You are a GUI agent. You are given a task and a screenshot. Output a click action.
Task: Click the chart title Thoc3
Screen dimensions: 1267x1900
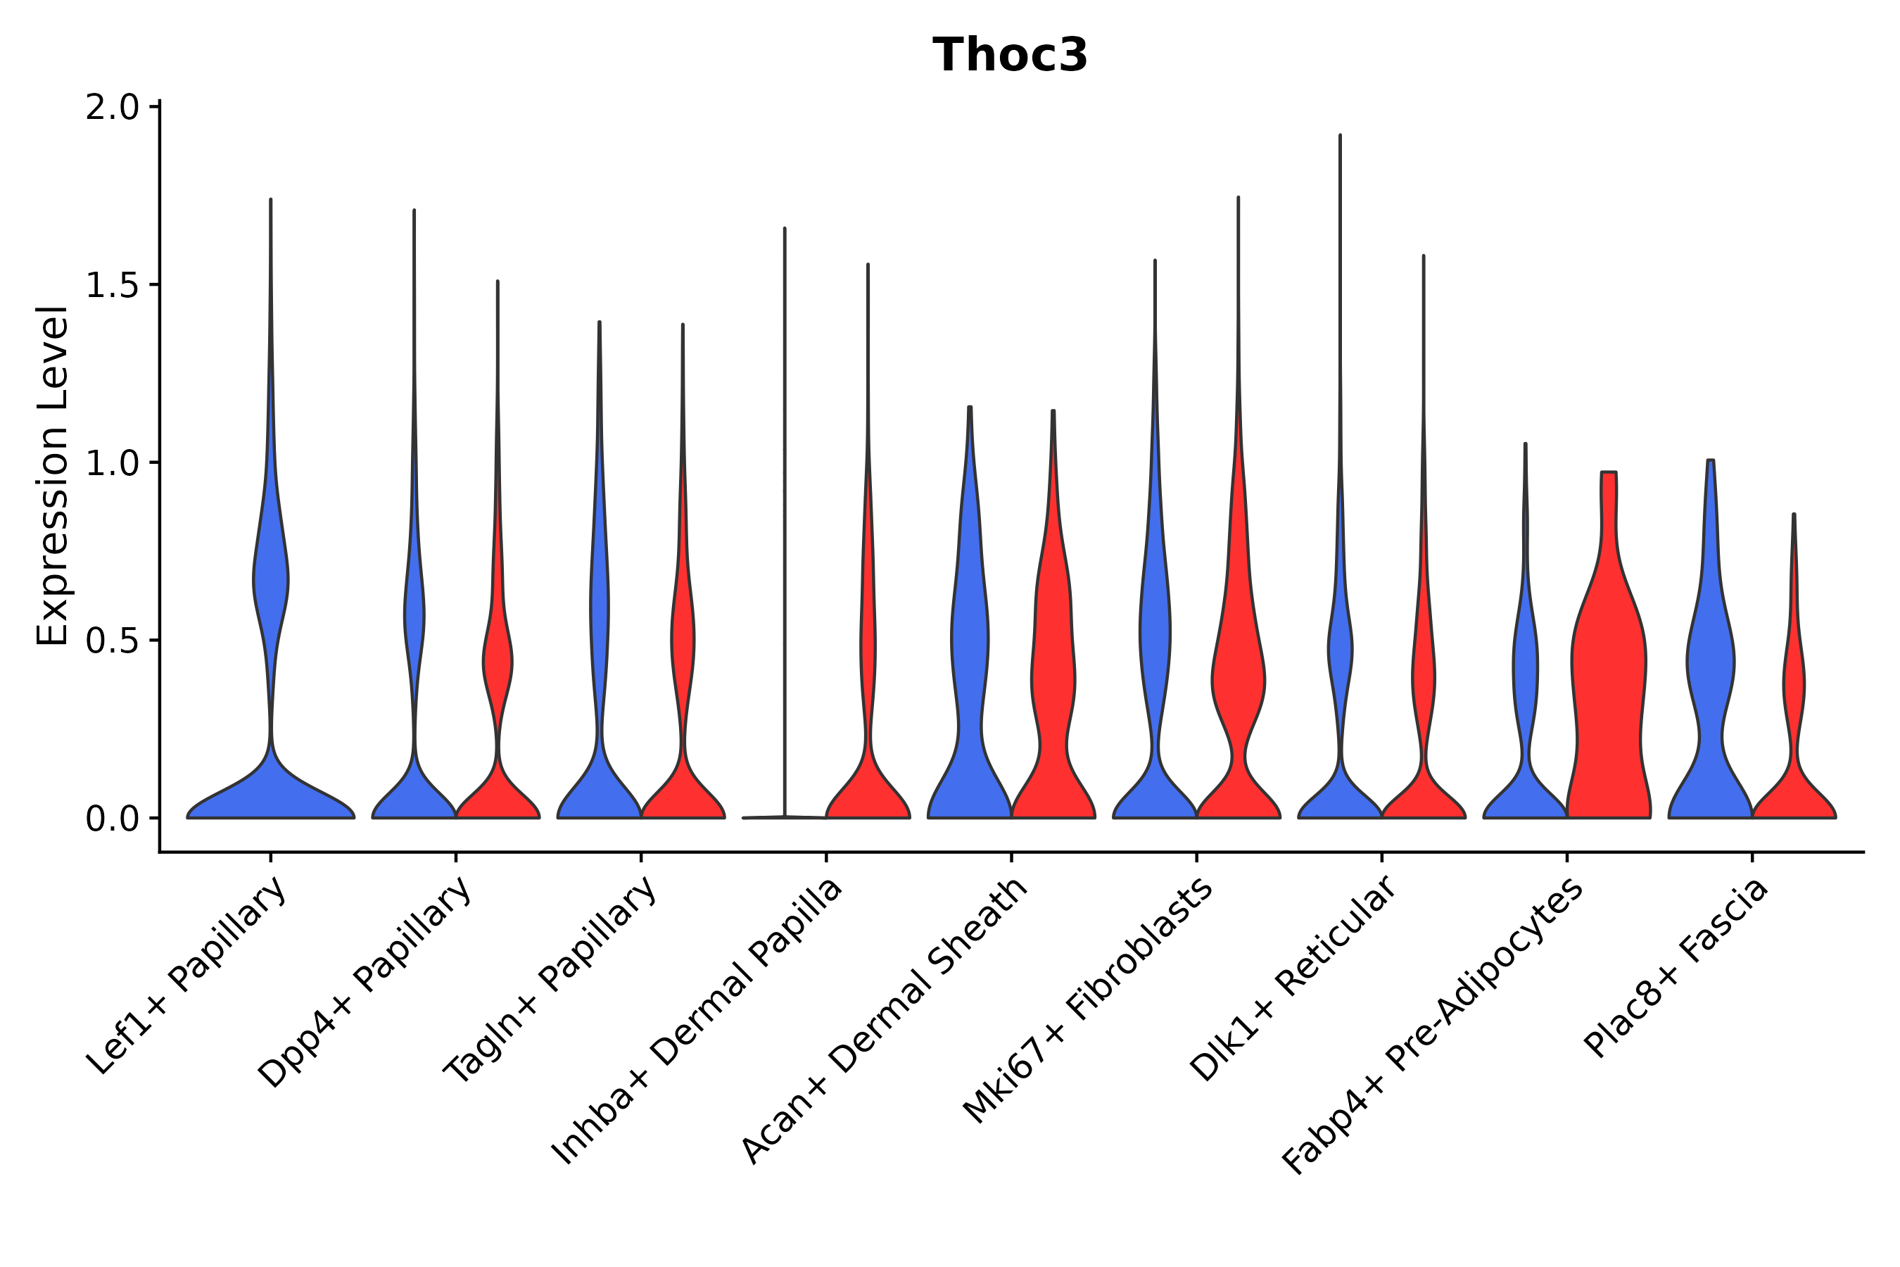1010,56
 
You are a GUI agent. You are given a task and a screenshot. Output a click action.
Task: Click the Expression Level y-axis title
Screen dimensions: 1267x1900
53,476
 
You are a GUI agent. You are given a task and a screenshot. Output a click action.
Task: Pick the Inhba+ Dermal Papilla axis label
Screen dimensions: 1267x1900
697,1021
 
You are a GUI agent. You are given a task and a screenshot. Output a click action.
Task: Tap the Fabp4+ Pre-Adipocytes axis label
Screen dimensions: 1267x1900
1433,1026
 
